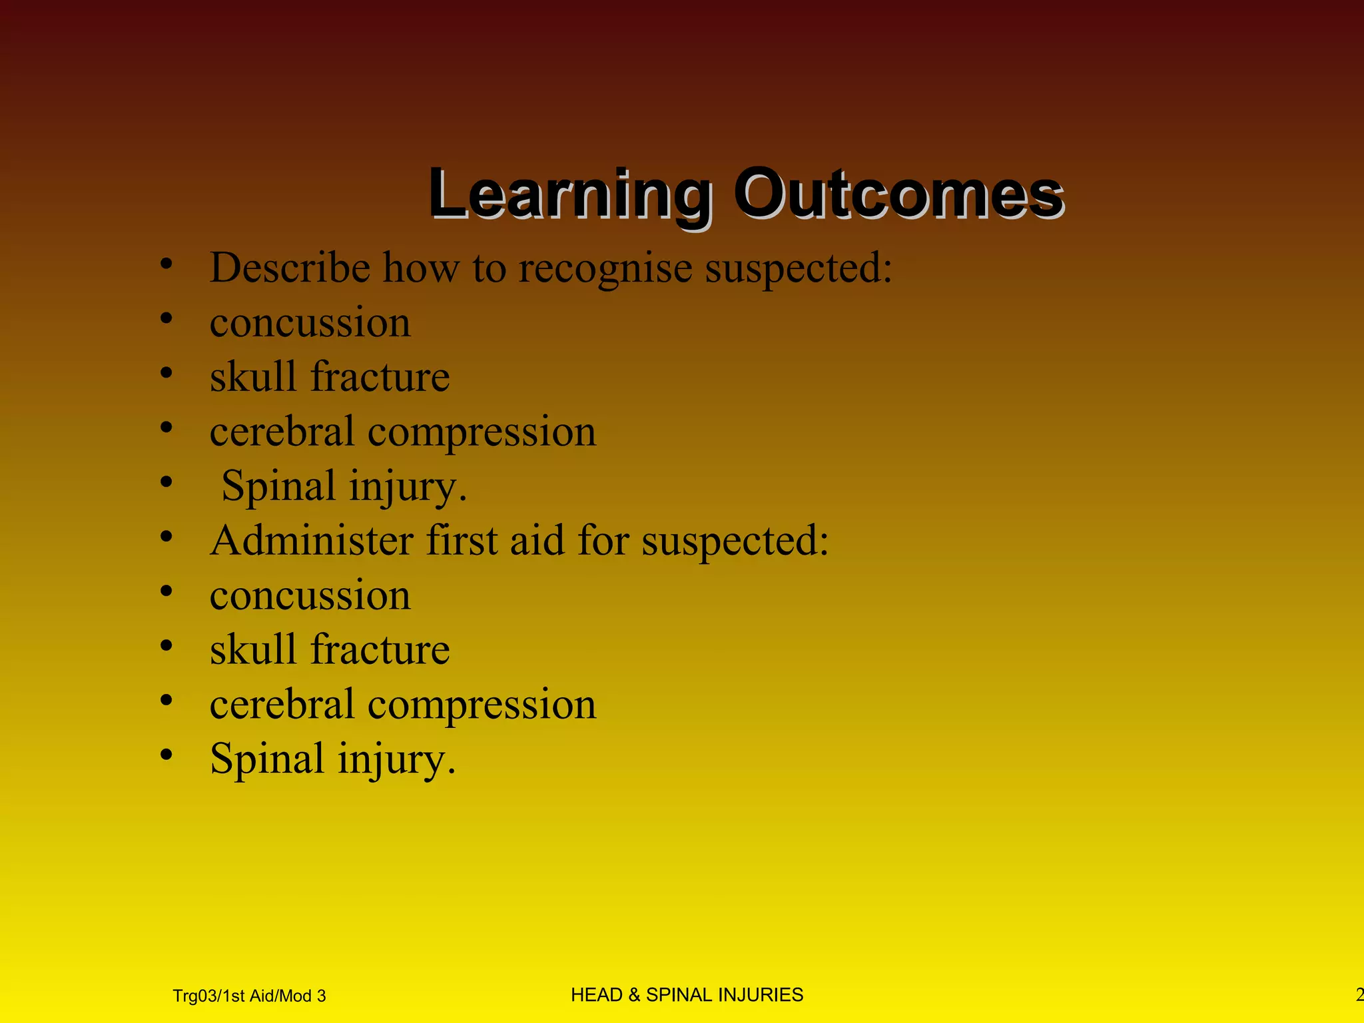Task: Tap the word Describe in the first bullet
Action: point(290,268)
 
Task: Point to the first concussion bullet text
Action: point(310,323)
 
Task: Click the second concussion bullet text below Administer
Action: point(310,595)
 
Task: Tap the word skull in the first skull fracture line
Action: point(252,377)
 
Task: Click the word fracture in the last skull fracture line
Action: point(380,649)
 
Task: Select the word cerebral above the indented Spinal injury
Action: point(281,432)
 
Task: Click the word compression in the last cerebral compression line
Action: point(482,704)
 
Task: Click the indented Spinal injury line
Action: point(344,486)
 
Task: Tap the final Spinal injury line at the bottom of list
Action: point(332,759)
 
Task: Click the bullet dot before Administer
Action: point(167,537)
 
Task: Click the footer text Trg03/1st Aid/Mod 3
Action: point(249,996)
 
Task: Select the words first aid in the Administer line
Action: point(496,540)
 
